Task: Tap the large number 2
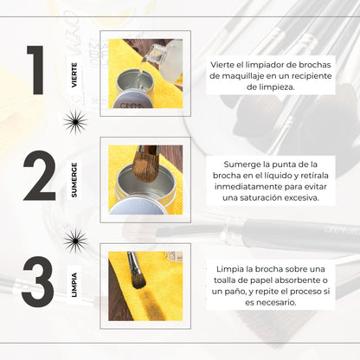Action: coord(39,178)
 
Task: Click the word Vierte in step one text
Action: coord(225,64)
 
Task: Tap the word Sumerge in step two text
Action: coord(240,163)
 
